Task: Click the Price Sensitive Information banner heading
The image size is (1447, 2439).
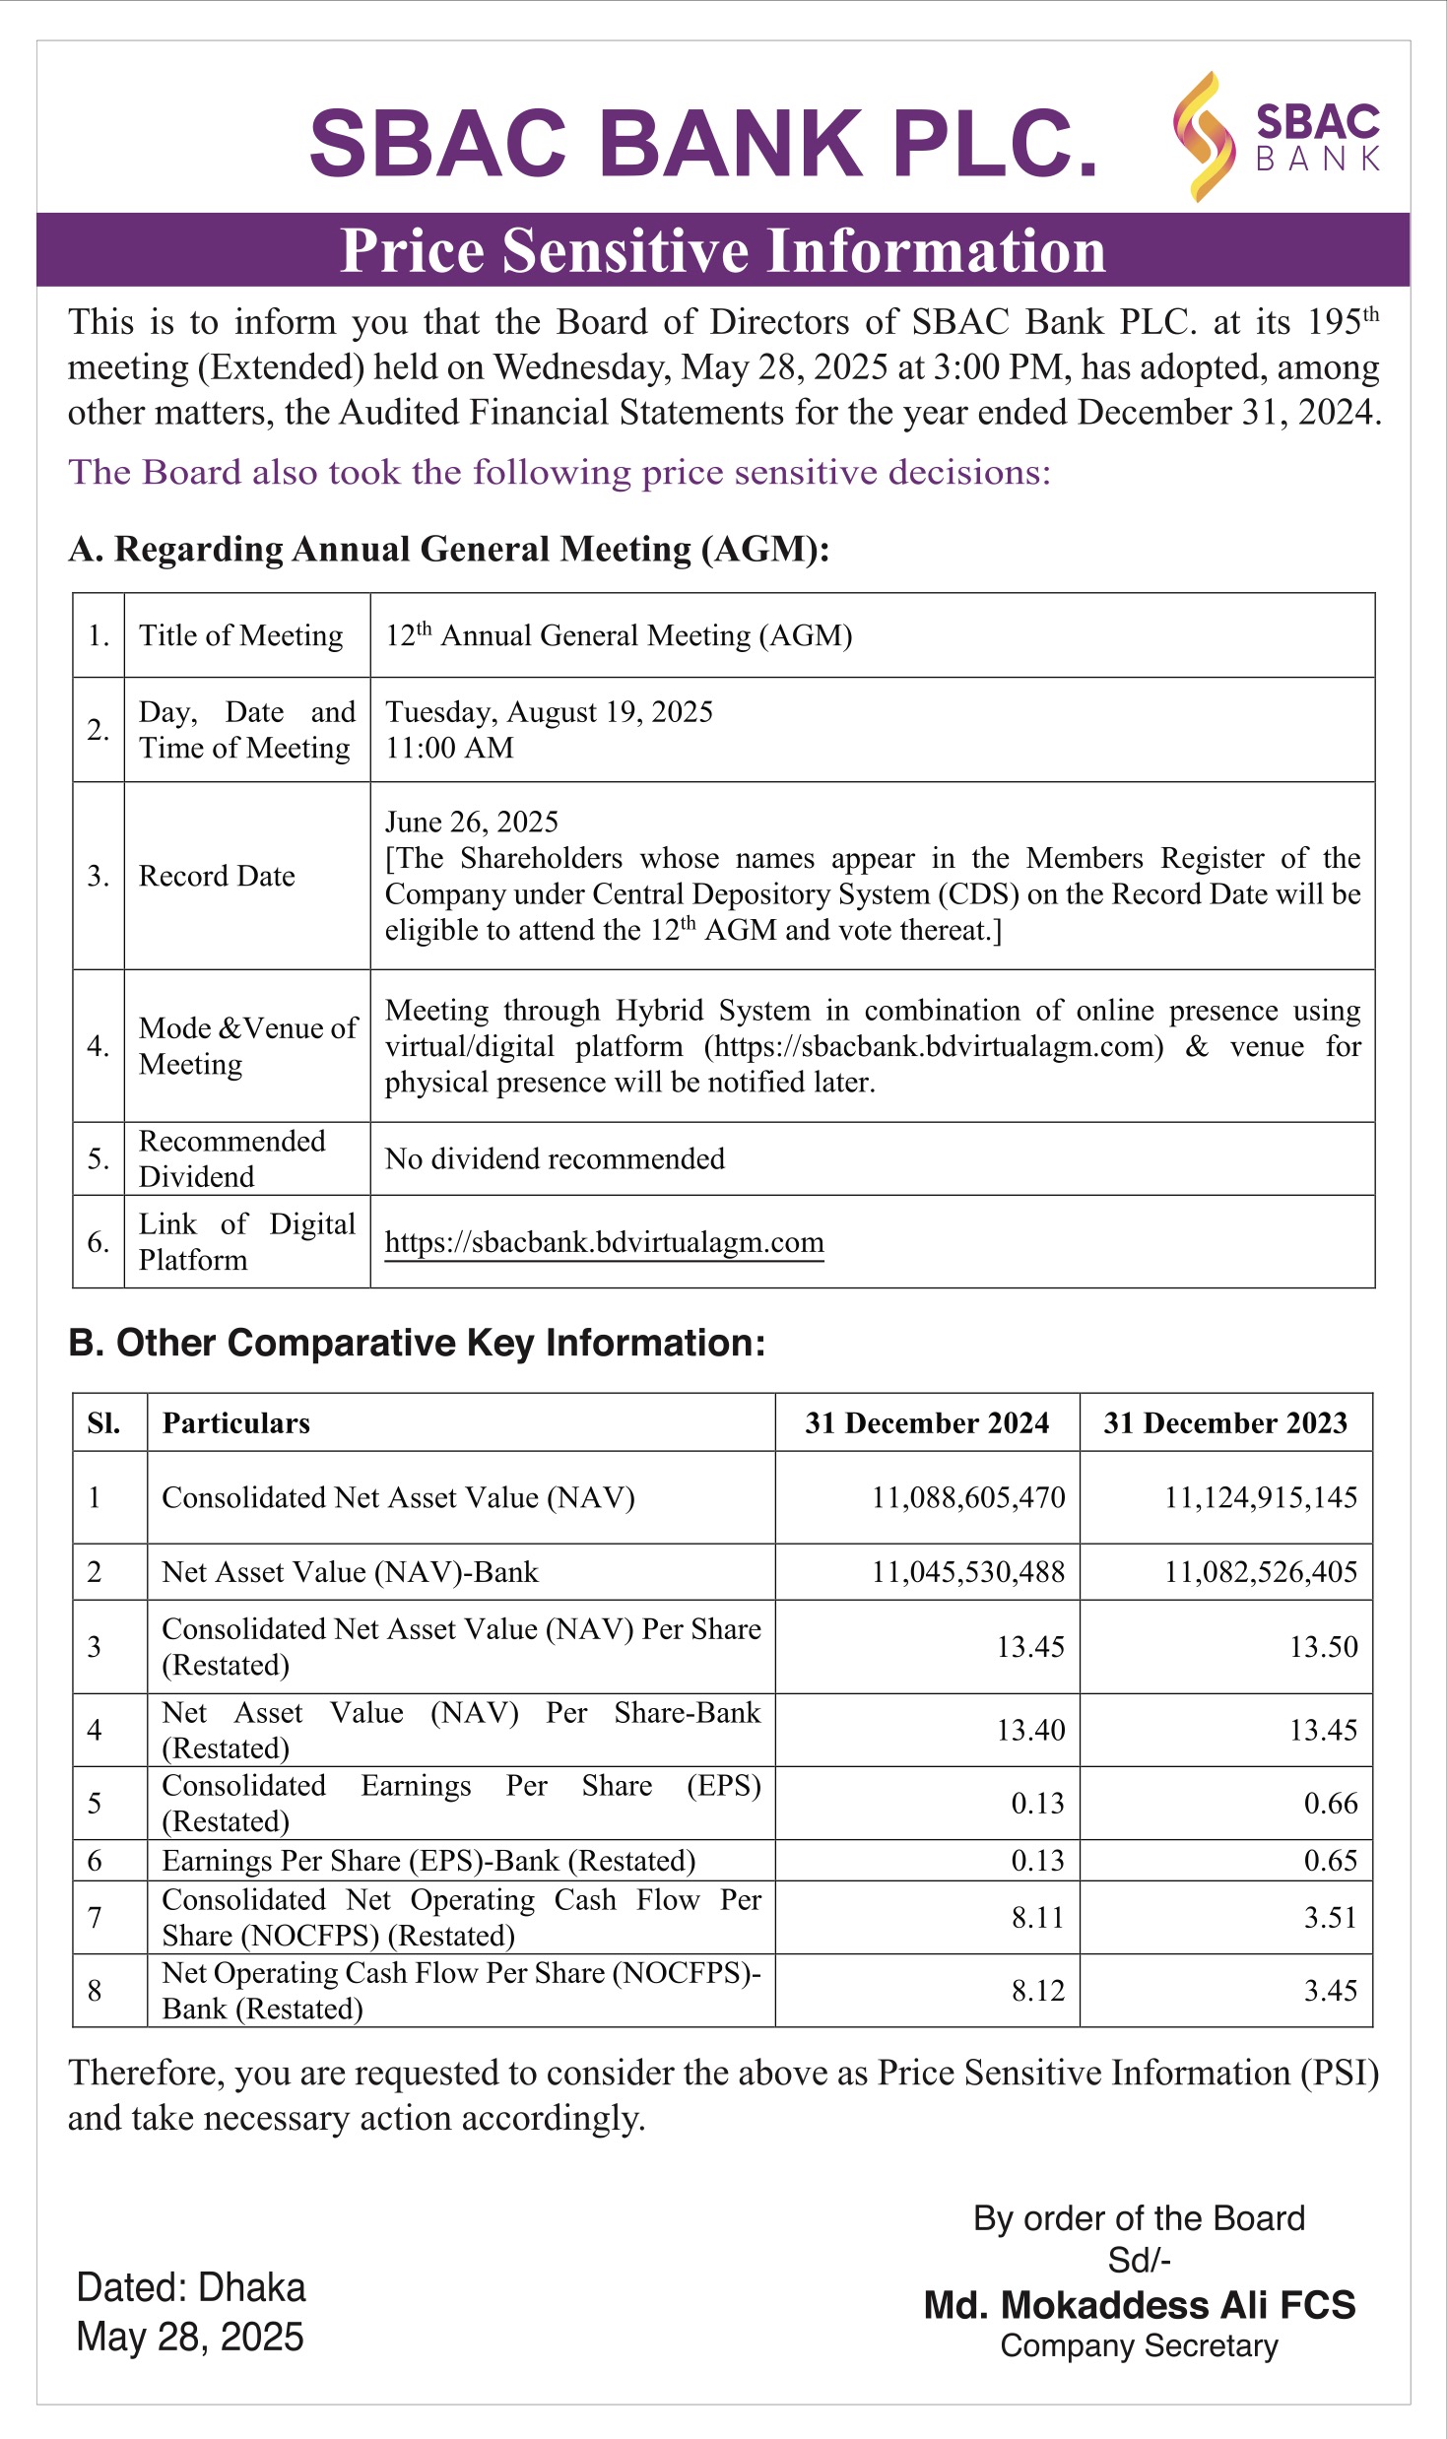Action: (x=723, y=250)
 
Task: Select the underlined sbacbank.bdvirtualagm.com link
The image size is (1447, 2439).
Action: (x=604, y=1242)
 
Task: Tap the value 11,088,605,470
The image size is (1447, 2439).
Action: (x=967, y=1497)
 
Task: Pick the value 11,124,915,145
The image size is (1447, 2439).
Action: (x=1260, y=1497)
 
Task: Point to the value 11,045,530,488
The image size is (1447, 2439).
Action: (x=967, y=1571)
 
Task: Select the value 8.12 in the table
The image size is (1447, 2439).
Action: (x=1037, y=1990)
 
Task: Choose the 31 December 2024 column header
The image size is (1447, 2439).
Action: (x=926, y=1422)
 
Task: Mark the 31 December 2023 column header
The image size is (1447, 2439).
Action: (x=1224, y=1422)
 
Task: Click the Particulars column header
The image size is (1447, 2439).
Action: (x=235, y=1422)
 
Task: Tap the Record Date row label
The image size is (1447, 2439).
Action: (x=217, y=876)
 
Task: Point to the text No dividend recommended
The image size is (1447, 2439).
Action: (x=555, y=1158)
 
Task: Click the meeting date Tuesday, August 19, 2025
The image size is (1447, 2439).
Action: (x=549, y=711)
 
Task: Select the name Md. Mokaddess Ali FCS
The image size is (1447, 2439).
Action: (x=1139, y=2305)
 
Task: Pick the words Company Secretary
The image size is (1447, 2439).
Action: (x=1139, y=2345)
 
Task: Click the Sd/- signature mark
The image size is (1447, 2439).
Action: (x=1139, y=2260)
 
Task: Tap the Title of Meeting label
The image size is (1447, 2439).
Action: (x=240, y=635)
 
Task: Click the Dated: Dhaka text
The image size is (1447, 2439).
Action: (x=191, y=2287)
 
